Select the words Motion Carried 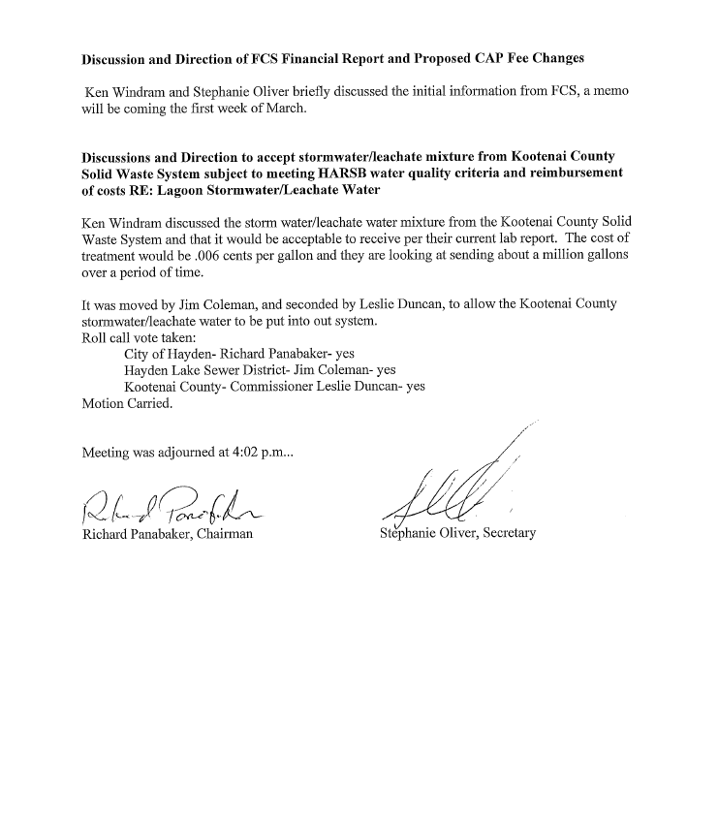click(127, 404)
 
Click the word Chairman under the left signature click(222, 533)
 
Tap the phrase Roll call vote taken click(139, 337)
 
